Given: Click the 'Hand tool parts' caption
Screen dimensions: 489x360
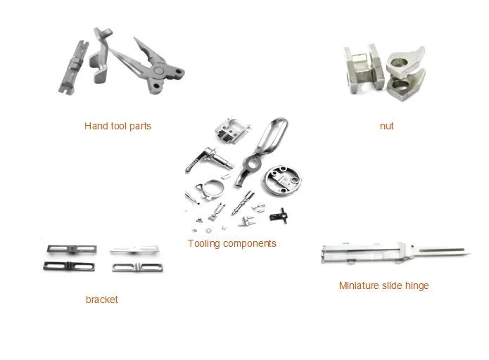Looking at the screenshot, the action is [118, 126].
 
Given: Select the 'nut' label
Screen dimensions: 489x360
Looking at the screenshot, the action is [386, 126].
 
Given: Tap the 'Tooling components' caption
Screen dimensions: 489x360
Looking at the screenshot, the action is [232, 243].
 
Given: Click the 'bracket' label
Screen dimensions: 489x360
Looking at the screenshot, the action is [101, 300].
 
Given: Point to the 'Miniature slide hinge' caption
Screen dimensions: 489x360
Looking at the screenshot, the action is [383, 285].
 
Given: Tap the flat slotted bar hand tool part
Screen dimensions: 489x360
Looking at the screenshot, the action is [74, 68].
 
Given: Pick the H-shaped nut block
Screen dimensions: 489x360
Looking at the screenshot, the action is [364, 69].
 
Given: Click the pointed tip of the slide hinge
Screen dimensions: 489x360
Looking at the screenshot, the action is [469, 255].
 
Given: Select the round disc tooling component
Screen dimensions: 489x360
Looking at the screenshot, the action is [283, 181].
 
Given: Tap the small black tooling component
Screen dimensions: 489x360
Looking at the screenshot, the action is [279, 216].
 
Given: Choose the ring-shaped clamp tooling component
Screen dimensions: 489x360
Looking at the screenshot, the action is [210, 190].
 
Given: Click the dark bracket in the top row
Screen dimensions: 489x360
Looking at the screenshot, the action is [72, 249].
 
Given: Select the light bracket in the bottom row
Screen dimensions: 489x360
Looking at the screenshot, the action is [137, 267].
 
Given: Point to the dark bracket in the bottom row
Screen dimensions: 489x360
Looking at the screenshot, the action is [69, 266].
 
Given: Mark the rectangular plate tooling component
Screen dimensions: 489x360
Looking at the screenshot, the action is [232, 129].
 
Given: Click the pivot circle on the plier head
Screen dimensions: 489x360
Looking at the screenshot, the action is [159, 70].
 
